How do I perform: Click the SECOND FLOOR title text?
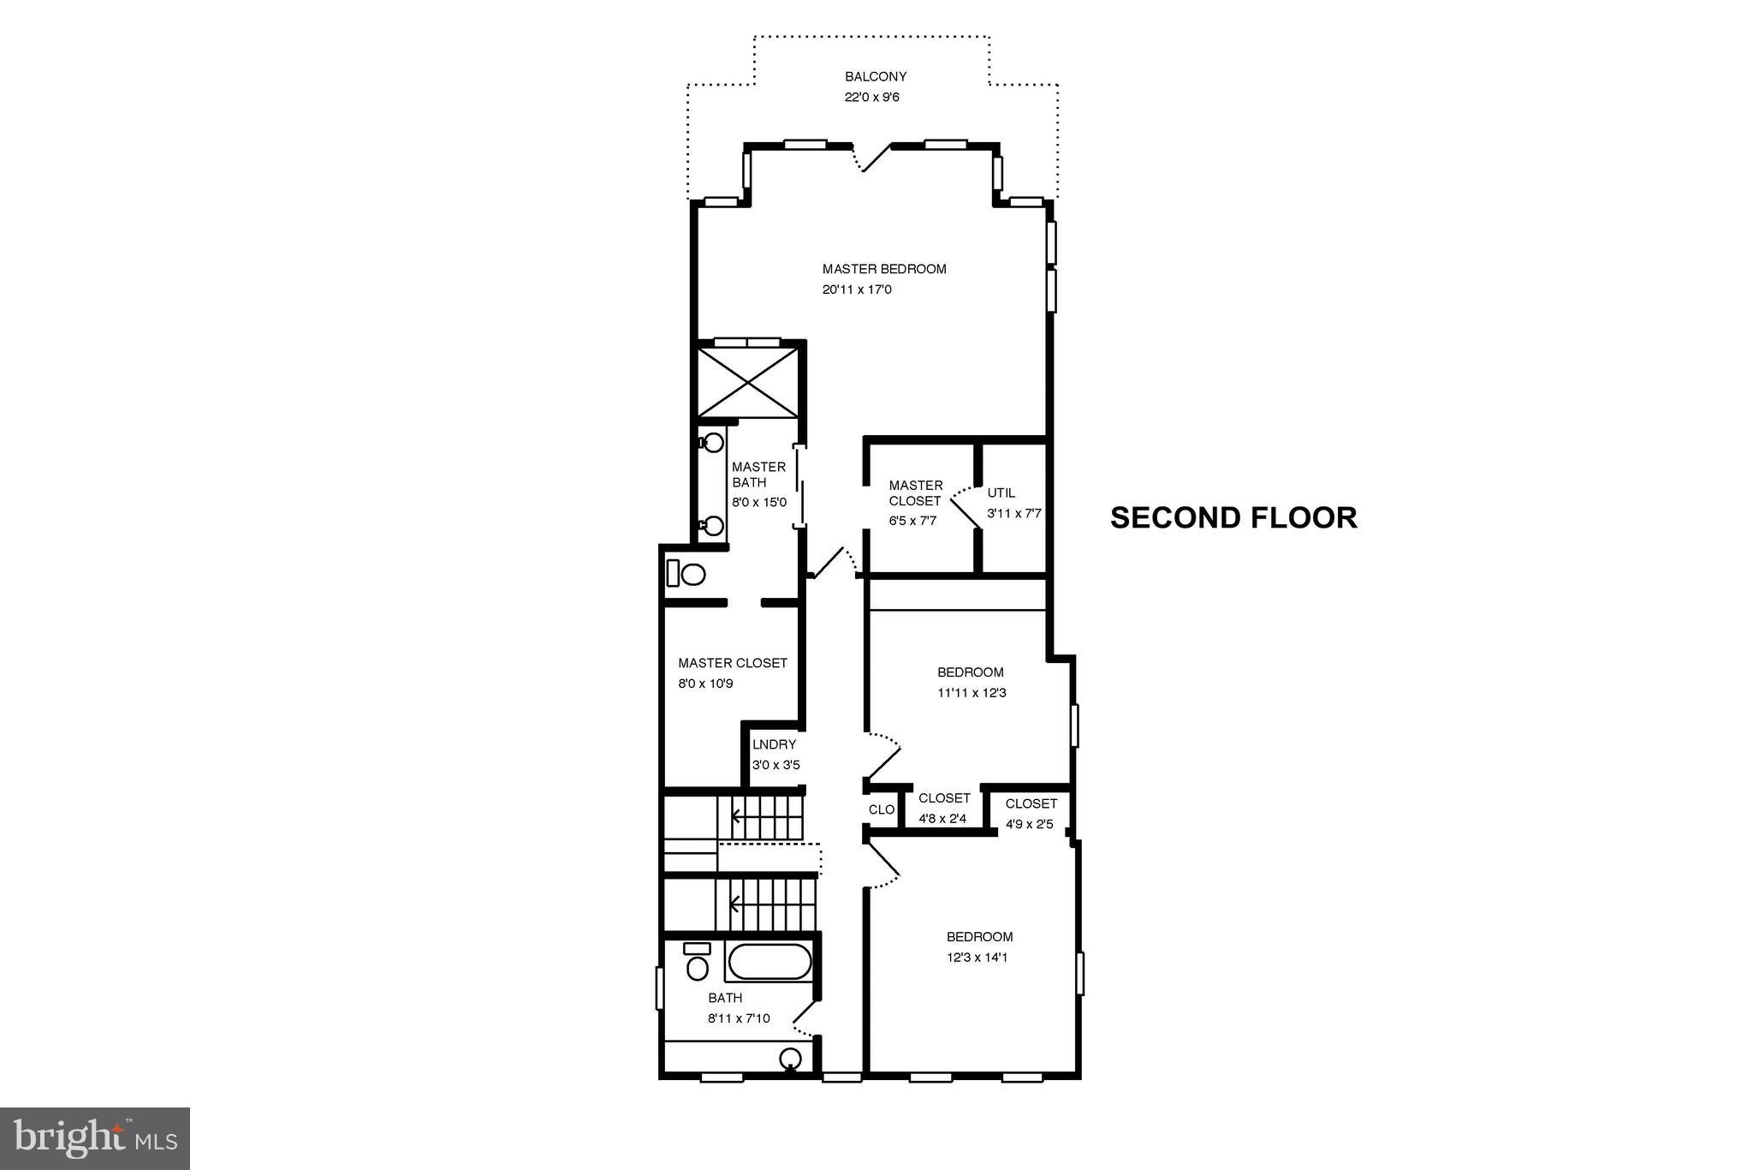pos(1233,518)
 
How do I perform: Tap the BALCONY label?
pos(875,77)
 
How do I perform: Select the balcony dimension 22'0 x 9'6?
pos(871,98)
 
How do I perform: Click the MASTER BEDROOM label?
pos(883,269)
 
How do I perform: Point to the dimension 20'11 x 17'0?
pos(856,290)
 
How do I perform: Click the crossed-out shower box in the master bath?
pos(749,381)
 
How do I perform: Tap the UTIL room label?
pos(1001,493)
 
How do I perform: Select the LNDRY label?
pos(774,744)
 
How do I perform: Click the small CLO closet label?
pos(881,809)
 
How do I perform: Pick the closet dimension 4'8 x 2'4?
pos(942,819)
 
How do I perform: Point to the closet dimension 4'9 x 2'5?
pos(1029,825)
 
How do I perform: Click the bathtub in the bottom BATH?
pos(769,961)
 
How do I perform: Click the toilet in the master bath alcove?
pos(686,572)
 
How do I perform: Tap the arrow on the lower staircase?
pos(734,904)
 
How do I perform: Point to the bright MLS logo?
pos(94,1138)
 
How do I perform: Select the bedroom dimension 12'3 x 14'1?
pos(976,958)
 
